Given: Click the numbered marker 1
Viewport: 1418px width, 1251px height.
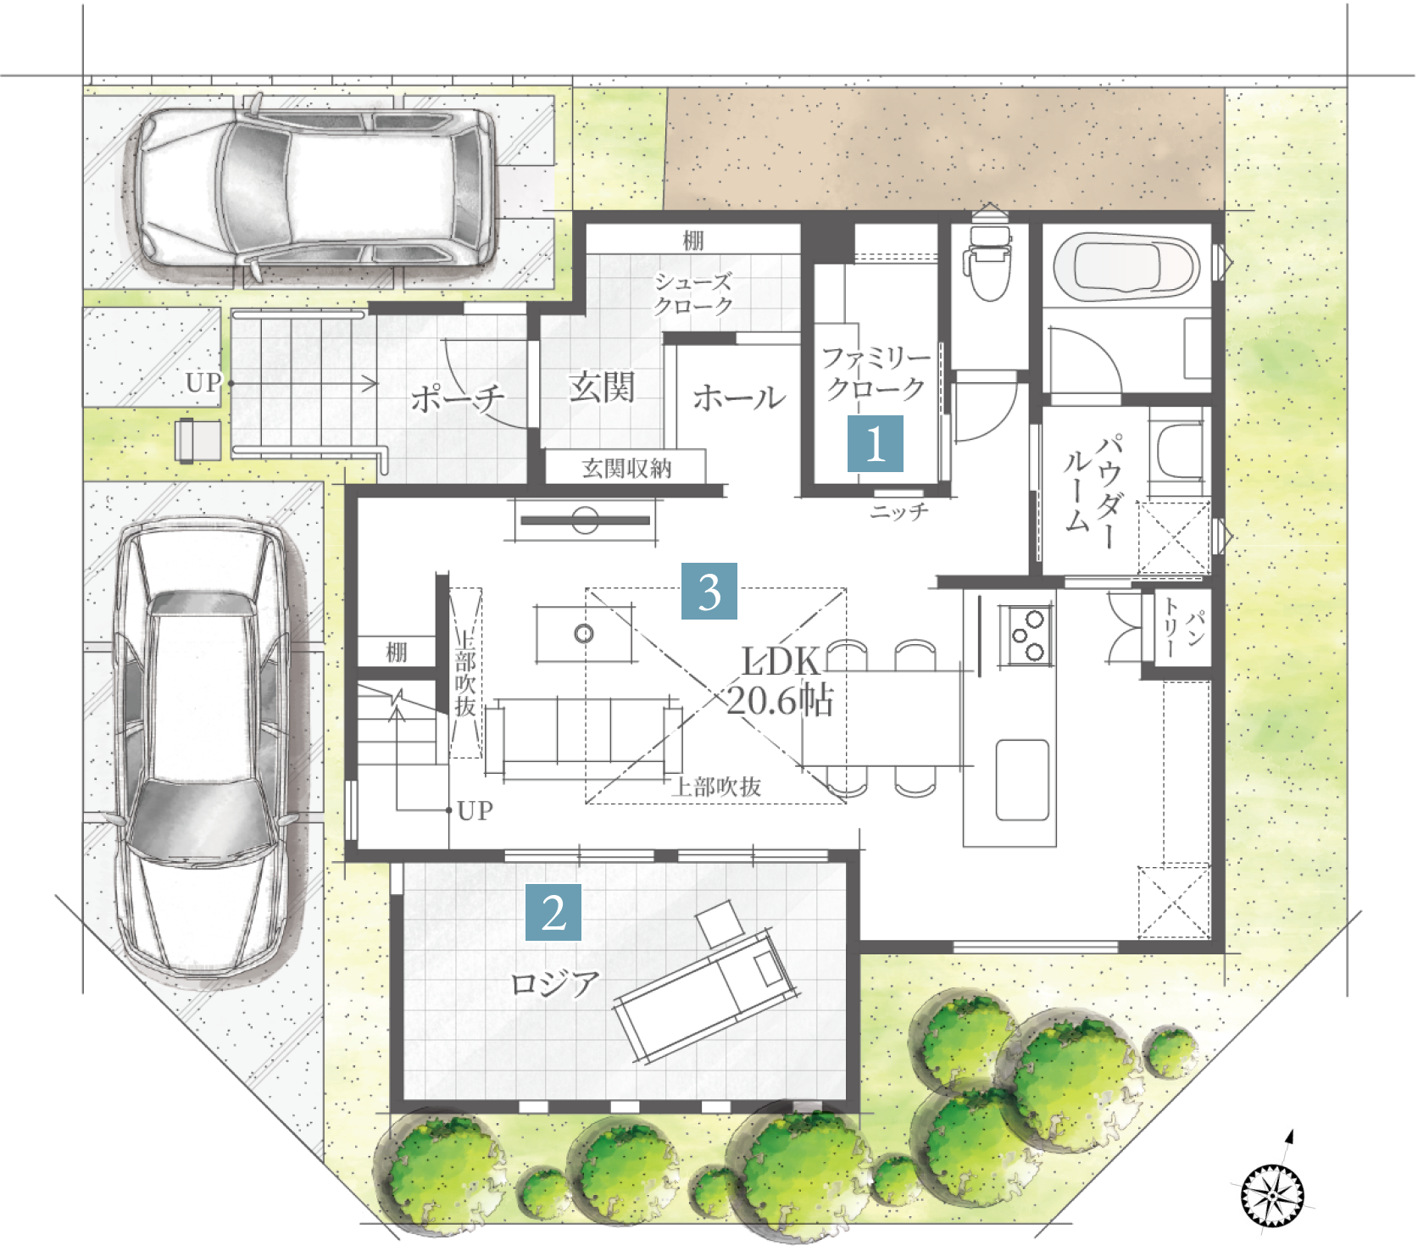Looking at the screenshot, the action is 876,443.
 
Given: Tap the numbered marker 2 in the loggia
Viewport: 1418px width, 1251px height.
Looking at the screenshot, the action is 553,913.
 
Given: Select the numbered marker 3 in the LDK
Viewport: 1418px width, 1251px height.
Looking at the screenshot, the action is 709,591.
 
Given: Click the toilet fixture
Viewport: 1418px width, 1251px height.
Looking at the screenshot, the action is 989,254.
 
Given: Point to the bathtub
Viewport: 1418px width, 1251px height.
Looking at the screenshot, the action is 1126,267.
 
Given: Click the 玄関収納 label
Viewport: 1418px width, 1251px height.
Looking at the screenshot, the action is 626,468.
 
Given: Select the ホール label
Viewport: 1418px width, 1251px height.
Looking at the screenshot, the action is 739,398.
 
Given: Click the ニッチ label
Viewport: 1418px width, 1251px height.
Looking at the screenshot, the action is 899,511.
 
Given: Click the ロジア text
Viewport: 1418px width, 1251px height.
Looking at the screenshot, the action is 555,984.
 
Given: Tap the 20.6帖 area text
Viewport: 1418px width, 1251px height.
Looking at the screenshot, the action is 781,702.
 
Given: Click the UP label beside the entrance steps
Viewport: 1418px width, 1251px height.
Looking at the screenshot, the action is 203,383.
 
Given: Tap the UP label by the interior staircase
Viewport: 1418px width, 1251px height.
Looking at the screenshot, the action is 475,811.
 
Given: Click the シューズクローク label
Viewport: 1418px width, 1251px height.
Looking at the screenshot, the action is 692,293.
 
